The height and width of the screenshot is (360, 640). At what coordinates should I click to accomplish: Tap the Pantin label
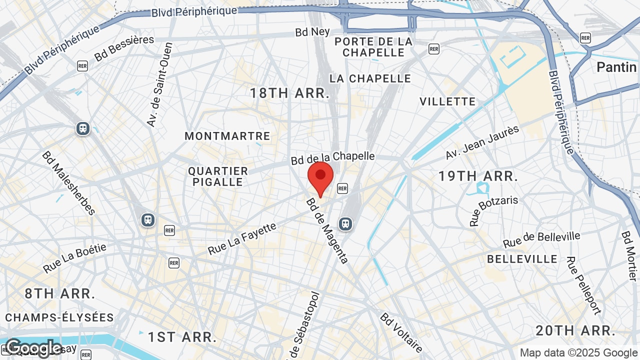pyautogui.click(x=616, y=67)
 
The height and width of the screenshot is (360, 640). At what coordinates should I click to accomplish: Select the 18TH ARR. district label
pyautogui.click(x=289, y=93)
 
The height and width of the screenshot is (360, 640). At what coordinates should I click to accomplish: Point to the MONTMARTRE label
pyautogui.click(x=227, y=136)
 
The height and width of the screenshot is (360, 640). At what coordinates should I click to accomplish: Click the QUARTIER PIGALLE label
pyautogui.click(x=218, y=176)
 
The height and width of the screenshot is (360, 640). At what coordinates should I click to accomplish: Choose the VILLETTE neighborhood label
pyautogui.click(x=447, y=101)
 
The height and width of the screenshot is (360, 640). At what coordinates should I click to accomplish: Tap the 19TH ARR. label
pyautogui.click(x=478, y=176)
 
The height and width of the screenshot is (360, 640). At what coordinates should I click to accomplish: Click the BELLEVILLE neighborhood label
pyautogui.click(x=522, y=259)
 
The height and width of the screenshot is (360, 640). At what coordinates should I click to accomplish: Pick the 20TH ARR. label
pyautogui.click(x=575, y=330)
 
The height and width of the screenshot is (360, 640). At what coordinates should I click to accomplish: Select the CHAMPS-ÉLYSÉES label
pyautogui.click(x=59, y=317)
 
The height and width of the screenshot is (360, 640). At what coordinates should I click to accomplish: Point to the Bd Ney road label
pyautogui.click(x=312, y=32)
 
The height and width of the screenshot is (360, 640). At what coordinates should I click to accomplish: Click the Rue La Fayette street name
pyautogui.click(x=242, y=238)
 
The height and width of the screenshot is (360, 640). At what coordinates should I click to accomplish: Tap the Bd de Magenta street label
pyautogui.click(x=327, y=230)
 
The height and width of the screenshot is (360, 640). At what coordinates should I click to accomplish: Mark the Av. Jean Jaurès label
pyautogui.click(x=482, y=142)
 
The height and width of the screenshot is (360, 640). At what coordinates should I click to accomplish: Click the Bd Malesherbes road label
pyautogui.click(x=68, y=183)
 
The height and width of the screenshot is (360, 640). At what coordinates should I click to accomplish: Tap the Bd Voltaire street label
pyautogui.click(x=401, y=333)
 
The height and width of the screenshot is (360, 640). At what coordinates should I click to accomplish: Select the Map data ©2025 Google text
pyautogui.click(x=578, y=352)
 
